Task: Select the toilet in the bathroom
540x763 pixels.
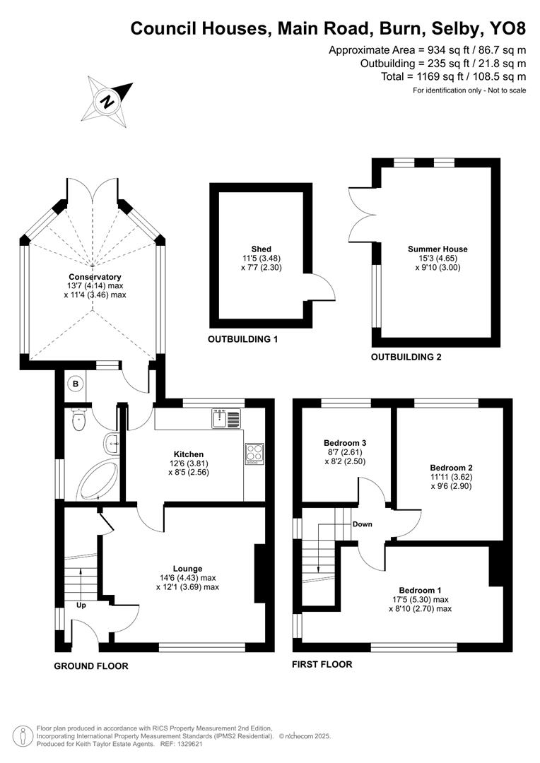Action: pos(79,422)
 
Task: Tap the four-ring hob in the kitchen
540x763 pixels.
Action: pos(254,453)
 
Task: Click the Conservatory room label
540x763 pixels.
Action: pos(95,277)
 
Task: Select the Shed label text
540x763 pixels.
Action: pos(260,249)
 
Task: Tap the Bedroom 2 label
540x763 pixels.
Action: pos(451,468)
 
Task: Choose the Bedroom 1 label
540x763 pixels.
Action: pos(420,591)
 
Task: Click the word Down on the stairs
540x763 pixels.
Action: pos(363,524)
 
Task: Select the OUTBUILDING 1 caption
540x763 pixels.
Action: pos(242,340)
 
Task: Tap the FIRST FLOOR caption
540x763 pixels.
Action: pos(322,665)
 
